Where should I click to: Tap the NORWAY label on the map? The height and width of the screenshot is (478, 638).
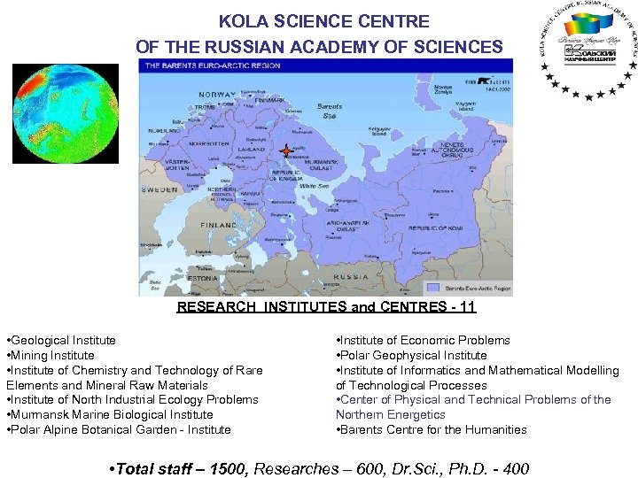click(x=217, y=95)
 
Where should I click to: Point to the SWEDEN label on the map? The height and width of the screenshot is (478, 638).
click(x=159, y=189)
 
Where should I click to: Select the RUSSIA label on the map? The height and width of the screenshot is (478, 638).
click(x=352, y=276)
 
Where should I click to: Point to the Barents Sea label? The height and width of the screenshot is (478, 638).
click(x=328, y=111)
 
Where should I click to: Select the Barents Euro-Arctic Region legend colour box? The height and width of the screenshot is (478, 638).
click(x=432, y=288)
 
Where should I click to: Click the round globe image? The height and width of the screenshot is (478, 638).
click(x=52, y=114)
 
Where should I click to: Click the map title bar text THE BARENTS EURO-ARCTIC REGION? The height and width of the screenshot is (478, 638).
click(x=213, y=66)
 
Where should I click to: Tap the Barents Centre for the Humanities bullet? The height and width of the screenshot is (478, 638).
click(x=433, y=429)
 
